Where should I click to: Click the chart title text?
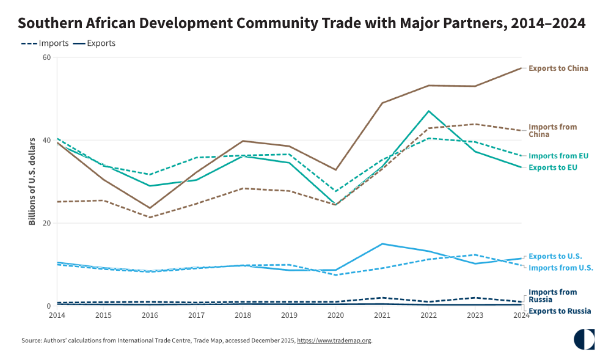(x=302, y=23)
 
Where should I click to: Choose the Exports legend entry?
(x=94, y=43)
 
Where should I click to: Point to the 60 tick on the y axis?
(x=45, y=57)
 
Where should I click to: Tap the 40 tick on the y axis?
(x=45, y=140)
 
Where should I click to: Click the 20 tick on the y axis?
(x=45, y=223)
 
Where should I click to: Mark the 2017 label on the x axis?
(x=196, y=315)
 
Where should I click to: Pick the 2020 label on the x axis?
(x=335, y=315)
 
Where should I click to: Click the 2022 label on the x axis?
(x=428, y=315)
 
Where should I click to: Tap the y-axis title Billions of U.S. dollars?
(x=32, y=181)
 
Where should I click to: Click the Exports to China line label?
(x=558, y=68)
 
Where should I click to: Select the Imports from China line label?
(x=552, y=130)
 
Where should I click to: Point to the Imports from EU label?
(x=558, y=156)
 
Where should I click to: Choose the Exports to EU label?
(x=552, y=167)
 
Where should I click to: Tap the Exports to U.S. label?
(x=555, y=256)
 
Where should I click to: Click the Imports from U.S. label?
(x=560, y=268)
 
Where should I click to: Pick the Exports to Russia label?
(x=559, y=311)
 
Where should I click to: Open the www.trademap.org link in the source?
(x=334, y=340)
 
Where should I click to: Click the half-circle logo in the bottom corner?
(x=584, y=340)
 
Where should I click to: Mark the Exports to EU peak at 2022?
(x=428, y=111)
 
